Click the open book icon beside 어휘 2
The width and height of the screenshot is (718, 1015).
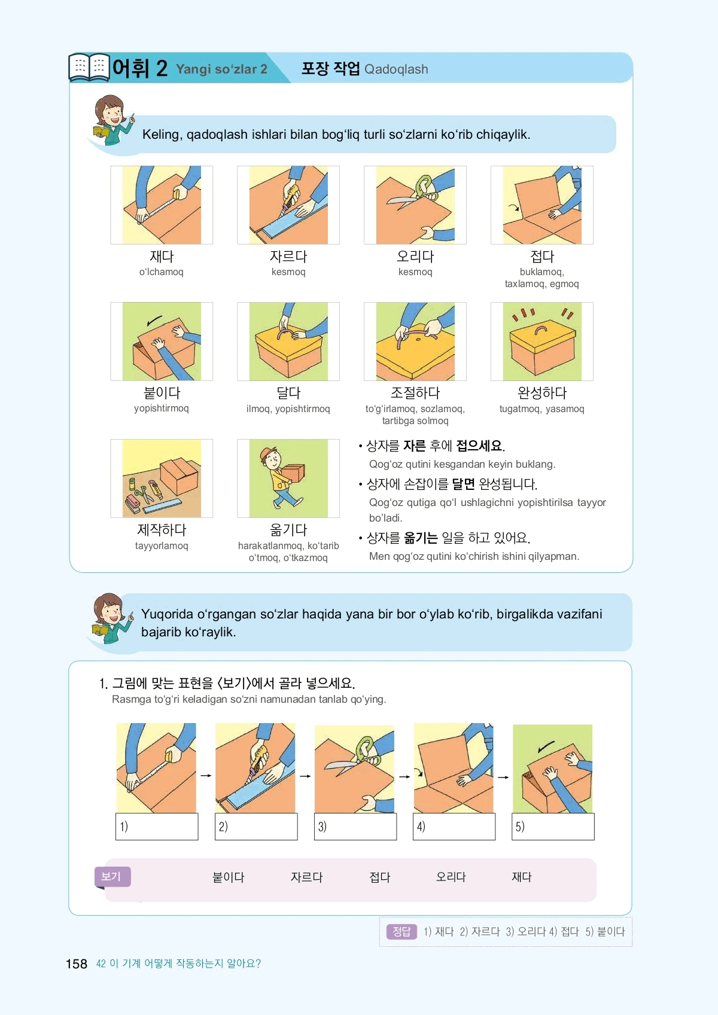pos(89,67)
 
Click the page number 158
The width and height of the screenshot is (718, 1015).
pos(76,964)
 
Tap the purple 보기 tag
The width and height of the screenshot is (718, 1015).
pos(112,876)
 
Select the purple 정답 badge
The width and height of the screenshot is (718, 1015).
pos(401,932)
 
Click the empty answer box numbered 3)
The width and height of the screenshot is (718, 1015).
pos(355,827)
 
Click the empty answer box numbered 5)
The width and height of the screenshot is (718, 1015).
pos(553,827)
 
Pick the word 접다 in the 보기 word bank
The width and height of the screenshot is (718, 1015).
pos(379,877)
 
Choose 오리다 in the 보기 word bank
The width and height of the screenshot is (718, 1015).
pos(451,877)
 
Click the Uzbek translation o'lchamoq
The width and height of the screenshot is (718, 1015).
pos(162,272)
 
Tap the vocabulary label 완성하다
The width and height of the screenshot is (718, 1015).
pos(542,392)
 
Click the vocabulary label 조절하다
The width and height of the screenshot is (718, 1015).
pos(415,392)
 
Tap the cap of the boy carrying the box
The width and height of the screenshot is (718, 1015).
pos(269,453)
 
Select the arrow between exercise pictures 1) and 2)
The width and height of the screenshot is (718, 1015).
pos(206,775)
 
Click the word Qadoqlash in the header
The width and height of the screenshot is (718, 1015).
pos(396,69)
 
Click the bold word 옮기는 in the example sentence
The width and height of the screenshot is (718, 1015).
pos(420,538)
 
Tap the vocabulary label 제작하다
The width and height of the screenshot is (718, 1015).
pos(162,529)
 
